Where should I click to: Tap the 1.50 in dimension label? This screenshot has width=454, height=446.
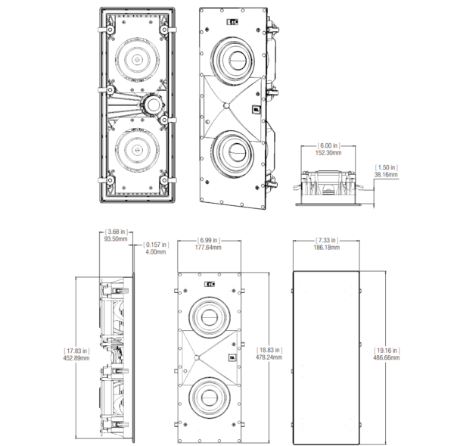click(386, 167)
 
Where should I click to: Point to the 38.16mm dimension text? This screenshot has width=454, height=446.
click(386, 174)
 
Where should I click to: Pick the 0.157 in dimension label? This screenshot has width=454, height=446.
click(157, 244)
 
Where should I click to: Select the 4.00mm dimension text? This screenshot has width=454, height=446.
click(157, 251)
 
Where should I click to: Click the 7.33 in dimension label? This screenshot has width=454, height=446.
click(327, 240)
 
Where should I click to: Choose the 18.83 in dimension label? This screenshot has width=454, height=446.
click(270, 351)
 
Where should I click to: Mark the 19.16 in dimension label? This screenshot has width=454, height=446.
click(387, 351)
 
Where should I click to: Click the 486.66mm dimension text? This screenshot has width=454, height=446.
click(387, 358)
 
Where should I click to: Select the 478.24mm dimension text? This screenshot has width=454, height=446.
click(270, 358)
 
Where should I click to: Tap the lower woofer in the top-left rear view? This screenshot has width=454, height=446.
click(137, 148)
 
